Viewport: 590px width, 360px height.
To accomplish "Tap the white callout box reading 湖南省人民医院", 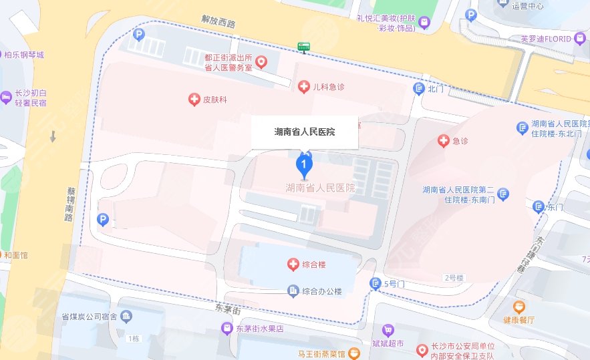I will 305,132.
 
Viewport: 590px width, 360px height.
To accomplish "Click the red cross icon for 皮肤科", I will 194,100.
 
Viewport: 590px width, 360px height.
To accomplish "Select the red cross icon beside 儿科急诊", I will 303,86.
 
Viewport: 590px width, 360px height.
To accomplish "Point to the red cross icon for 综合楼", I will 293,265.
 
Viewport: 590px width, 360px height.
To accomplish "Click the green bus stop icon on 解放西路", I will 305,47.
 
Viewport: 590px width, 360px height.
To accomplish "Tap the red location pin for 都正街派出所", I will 262,63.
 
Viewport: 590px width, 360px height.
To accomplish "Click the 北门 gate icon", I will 419,88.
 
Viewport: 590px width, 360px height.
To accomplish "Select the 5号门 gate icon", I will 376,285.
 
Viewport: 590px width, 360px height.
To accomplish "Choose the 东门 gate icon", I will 538,207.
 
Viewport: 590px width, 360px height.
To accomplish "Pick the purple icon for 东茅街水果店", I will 228,329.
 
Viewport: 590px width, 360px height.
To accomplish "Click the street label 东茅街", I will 228,309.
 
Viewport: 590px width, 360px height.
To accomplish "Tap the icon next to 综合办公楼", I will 293,291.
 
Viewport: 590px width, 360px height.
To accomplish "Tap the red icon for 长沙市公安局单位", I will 422,350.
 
